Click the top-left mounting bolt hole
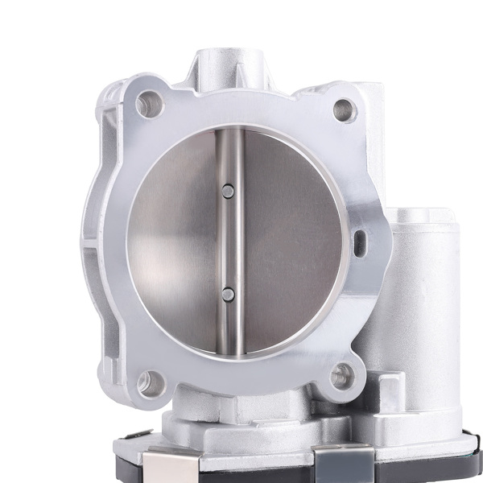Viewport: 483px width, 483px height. (x=147, y=103)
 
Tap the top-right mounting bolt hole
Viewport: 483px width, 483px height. (x=344, y=109)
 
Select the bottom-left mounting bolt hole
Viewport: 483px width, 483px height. (x=148, y=382)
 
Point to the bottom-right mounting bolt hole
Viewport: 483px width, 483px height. (x=341, y=374)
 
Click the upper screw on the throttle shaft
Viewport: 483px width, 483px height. (x=228, y=192)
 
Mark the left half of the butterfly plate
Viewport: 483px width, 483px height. (x=173, y=242)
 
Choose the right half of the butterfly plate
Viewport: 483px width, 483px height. (x=290, y=242)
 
